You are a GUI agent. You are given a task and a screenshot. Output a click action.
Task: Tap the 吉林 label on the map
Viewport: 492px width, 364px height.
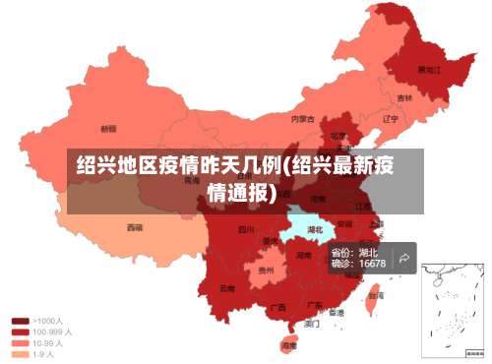[404, 98]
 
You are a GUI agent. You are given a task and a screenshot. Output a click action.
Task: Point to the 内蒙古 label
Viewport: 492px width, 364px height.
[302, 119]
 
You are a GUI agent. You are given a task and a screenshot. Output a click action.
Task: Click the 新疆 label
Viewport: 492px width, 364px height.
[108, 128]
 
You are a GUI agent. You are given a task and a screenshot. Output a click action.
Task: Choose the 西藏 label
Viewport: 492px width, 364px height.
[134, 227]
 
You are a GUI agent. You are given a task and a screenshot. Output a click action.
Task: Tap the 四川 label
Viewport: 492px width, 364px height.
[246, 230]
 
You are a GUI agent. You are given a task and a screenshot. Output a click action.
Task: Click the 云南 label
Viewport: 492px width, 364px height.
[227, 288]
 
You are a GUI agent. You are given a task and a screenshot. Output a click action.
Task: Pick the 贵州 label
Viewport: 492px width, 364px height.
[265, 270]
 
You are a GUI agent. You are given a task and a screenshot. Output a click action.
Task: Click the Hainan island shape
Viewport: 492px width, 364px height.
[288, 343]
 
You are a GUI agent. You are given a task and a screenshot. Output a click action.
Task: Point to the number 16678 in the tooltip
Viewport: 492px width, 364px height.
[372, 264]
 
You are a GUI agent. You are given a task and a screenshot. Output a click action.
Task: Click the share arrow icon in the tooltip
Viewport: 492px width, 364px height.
[403, 258]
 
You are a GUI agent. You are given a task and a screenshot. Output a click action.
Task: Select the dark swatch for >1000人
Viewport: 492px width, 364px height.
[19, 321]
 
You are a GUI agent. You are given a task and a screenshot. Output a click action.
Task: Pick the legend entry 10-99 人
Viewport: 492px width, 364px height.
[48, 343]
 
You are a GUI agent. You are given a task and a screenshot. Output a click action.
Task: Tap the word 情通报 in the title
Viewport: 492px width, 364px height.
[239, 192]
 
